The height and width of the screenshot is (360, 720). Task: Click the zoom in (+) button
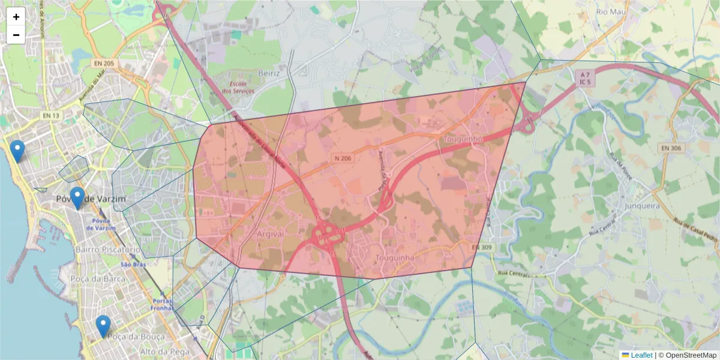[x=16, y=17]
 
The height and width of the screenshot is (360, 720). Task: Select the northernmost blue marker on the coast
[x=17, y=151]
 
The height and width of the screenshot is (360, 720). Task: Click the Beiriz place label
[x=269, y=73]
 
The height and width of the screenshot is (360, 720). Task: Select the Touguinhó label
[x=463, y=139]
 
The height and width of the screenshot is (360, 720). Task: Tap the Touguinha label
[x=394, y=258]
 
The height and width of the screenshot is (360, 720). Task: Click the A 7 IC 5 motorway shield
[x=585, y=78]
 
